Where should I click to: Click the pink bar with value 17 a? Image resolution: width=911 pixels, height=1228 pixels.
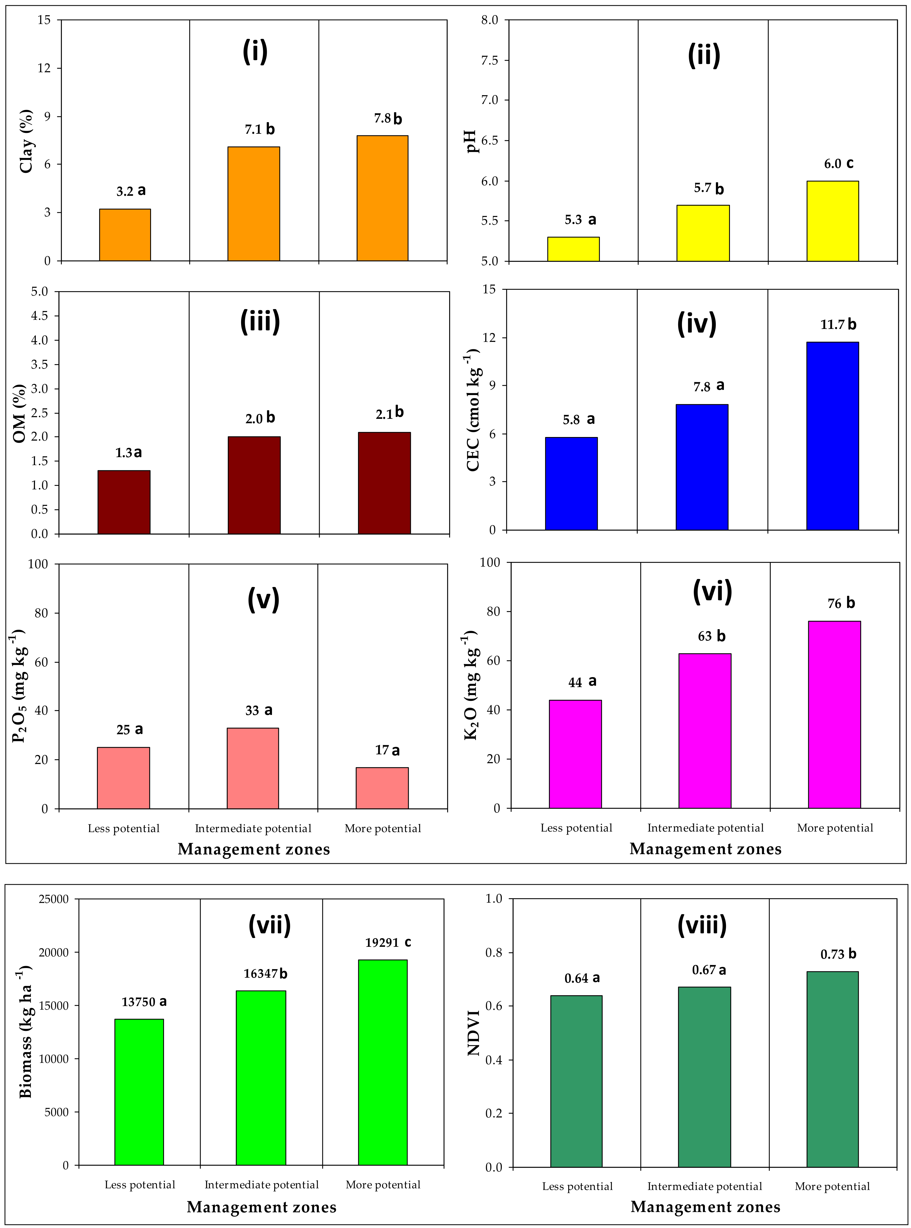click(x=382, y=788)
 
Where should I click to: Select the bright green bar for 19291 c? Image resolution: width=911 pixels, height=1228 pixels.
click(x=383, y=1062)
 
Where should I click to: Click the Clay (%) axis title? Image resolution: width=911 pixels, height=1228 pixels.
click(x=26, y=141)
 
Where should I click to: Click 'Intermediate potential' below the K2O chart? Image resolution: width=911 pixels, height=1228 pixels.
click(x=705, y=828)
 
